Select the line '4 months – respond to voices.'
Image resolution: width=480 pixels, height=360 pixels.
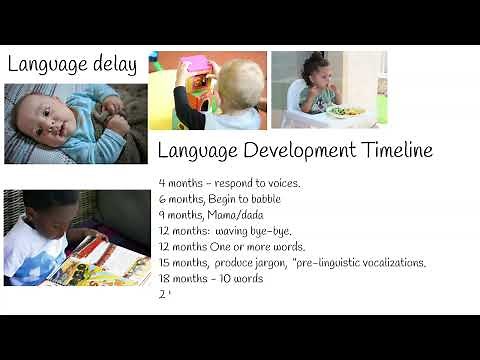tap(229, 183)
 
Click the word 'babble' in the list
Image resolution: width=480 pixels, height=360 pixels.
tap(259, 199)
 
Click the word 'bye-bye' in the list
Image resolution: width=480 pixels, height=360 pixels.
tap(268, 231)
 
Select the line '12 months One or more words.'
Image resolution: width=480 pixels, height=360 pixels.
tap(232, 247)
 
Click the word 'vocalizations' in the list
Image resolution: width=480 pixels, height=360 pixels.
tap(388, 263)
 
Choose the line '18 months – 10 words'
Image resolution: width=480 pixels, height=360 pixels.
tap(210, 279)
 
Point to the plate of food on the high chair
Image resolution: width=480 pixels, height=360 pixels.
tap(346, 111)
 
